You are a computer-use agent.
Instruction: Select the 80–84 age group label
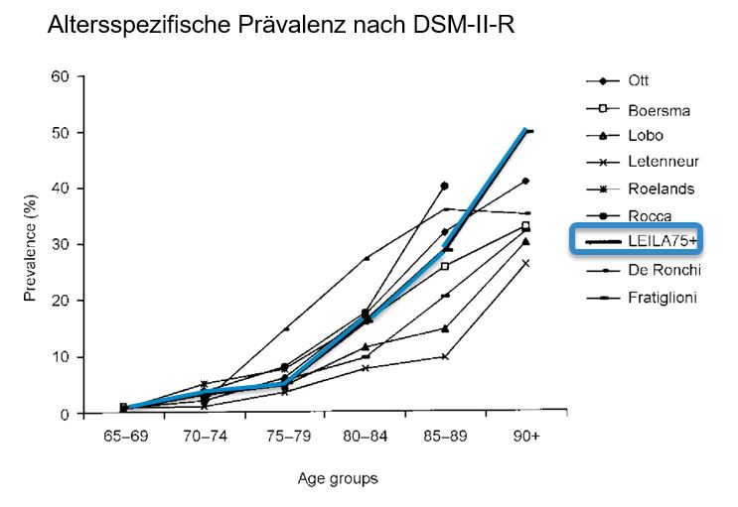coord(366,435)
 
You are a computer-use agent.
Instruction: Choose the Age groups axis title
coord(338,478)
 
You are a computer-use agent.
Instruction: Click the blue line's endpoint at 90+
coord(525,129)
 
